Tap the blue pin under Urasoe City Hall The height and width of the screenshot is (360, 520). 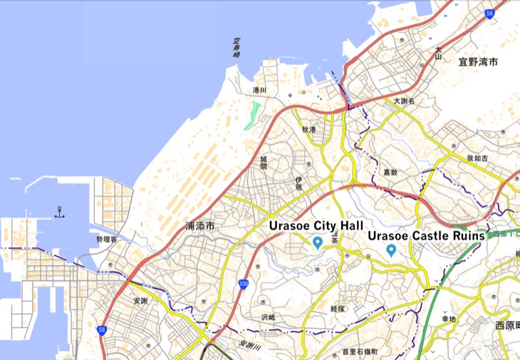point(318,243)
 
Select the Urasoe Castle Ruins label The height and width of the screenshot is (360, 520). point(426,235)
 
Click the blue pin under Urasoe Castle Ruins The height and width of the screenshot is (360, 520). point(391,250)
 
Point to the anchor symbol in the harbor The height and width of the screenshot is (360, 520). point(60,212)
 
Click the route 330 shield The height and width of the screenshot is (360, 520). point(243,284)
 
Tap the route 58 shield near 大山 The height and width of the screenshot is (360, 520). point(489,13)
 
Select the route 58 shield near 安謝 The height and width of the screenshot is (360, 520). point(102,331)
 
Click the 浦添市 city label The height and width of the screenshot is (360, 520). point(200,225)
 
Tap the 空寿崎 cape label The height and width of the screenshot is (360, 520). point(236,48)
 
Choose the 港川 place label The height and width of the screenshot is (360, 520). point(259,91)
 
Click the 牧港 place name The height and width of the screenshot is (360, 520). point(308,129)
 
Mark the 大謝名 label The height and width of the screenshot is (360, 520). point(404,102)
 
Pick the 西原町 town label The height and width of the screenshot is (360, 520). point(508,326)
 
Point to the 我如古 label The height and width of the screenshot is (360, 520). point(477,158)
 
